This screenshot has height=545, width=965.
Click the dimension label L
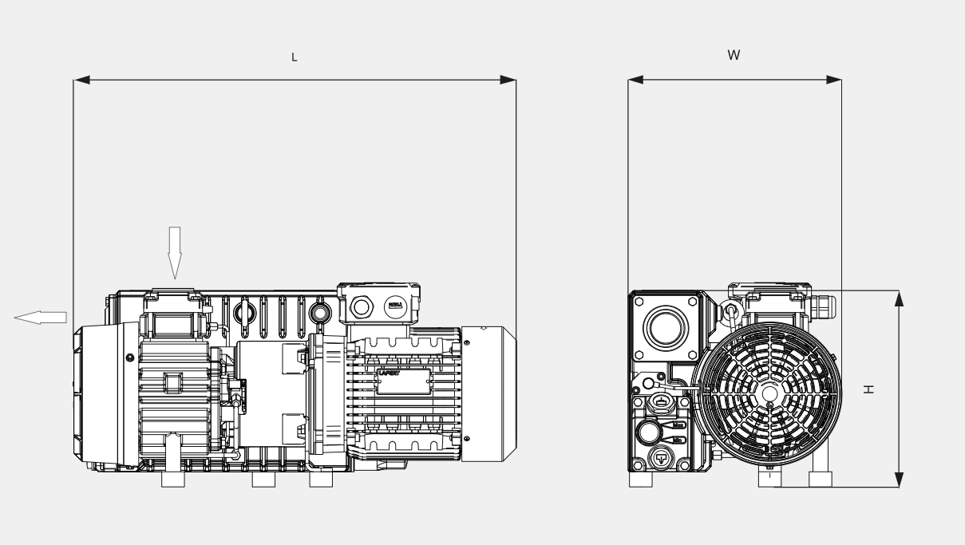tap(294, 57)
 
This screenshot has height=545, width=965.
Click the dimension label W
tap(734, 56)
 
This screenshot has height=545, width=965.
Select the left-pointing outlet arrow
tap(40, 317)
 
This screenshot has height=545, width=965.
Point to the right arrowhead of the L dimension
tap(508, 80)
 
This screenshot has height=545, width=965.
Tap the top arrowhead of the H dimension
tap(899, 298)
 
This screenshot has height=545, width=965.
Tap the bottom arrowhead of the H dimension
tap(899, 479)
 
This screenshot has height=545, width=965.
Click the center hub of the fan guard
tap(769, 393)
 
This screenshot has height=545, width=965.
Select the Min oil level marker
tap(679, 439)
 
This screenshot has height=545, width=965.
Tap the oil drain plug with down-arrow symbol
tap(662, 459)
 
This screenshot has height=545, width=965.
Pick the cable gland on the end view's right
tap(822, 304)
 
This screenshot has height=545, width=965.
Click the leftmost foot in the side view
tap(174, 480)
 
